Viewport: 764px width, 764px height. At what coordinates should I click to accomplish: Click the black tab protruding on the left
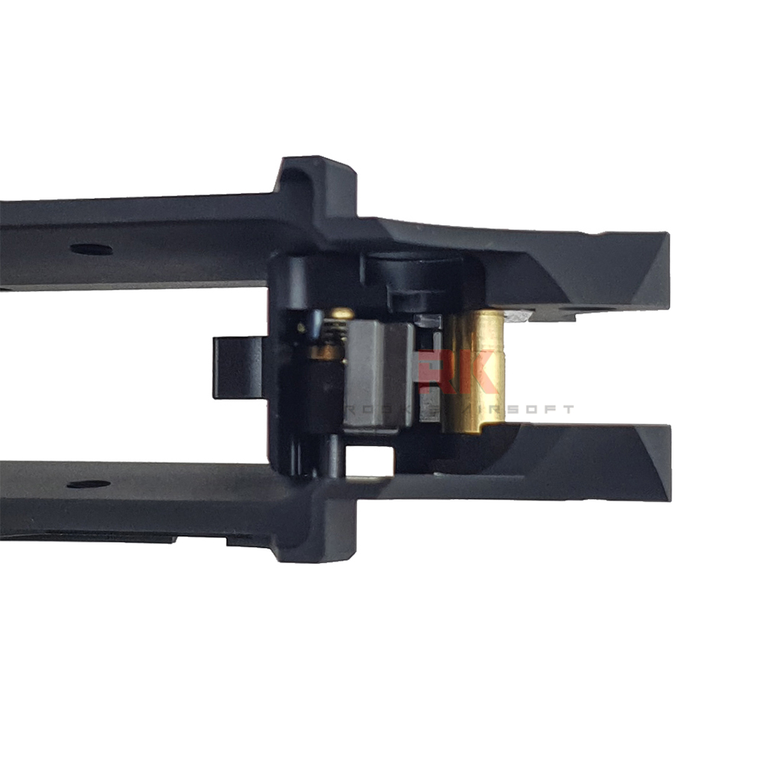tap(237, 367)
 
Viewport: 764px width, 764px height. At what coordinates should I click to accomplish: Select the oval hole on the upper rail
tap(91, 249)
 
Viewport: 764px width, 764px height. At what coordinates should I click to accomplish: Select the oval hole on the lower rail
tap(87, 484)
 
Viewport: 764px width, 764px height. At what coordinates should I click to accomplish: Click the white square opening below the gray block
tap(370, 461)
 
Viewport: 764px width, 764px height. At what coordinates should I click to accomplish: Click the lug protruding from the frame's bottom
tap(317, 539)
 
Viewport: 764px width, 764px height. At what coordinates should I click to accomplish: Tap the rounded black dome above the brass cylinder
tap(413, 267)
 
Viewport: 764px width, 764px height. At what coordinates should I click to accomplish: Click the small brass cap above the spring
tap(341, 313)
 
